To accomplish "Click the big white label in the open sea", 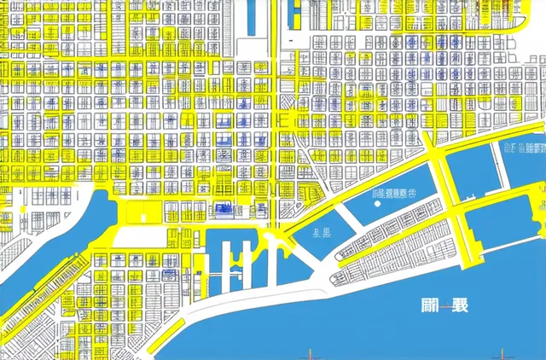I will [444, 305].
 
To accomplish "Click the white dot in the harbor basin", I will [375, 204].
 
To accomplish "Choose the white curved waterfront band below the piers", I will [256, 303].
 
